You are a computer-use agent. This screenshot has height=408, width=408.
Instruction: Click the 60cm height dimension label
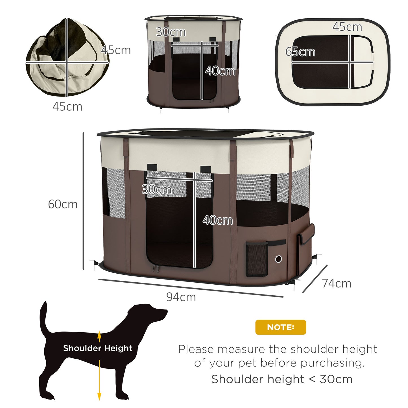[63, 204]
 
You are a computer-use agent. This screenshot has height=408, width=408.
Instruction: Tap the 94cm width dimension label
[181, 297]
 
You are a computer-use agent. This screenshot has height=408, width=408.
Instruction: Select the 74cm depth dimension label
[337, 283]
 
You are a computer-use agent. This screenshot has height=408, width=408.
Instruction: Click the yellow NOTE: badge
[281, 327]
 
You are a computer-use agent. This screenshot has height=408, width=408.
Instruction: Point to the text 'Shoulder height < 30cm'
[282, 379]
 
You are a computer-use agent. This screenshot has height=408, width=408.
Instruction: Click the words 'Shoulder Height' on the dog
[97, 348]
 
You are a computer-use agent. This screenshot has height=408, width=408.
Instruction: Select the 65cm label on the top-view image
[300, 52]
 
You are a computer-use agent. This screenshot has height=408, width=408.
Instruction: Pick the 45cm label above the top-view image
[347, 27]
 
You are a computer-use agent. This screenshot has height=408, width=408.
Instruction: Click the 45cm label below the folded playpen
[67, 106]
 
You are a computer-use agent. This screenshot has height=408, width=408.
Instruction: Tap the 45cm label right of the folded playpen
[116, 50]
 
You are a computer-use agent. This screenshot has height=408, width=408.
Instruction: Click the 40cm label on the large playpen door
[218, 220]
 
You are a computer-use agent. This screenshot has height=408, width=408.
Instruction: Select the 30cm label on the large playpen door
[157, 189]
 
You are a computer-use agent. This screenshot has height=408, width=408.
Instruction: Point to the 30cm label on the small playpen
[171, 32]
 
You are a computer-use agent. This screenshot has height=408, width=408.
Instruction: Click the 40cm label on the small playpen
[220, 71]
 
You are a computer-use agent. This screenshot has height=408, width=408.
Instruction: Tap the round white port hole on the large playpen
[278, 259]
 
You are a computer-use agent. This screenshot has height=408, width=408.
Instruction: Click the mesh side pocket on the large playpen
[257, 259]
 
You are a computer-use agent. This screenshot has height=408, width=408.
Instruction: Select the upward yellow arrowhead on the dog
[99, 335]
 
